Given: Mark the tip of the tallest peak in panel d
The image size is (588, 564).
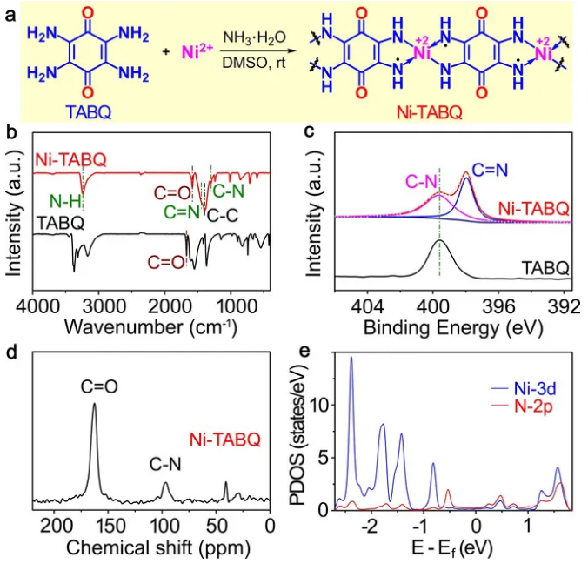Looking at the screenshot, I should pos(94,406).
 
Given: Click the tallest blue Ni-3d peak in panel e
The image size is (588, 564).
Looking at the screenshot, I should pos(351,358).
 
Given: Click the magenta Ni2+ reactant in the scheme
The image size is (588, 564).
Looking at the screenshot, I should pos(196,53).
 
